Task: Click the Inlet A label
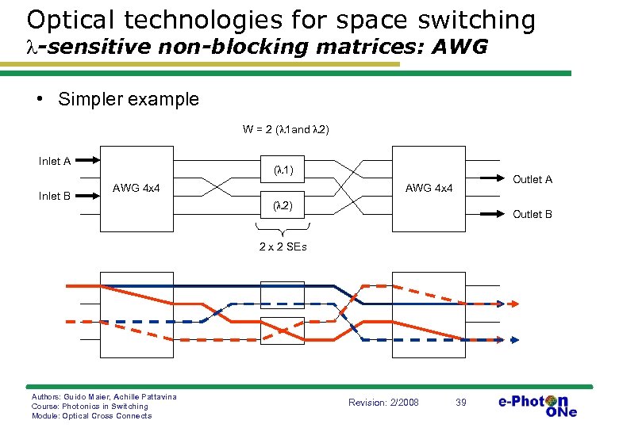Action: (x=55, y=162)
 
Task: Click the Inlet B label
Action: (x=55, y=197)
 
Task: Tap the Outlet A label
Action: (x=532, y=179)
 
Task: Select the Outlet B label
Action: (x=532, y=214)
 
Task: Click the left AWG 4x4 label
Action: (x=136, y=188)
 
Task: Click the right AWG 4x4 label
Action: (x=429, y=188)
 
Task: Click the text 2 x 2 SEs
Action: (x=283, y=246)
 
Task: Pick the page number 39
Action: (x=461, y=403)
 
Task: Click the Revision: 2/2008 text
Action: (x=383, y=403)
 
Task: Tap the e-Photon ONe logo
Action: (x=537, y=405)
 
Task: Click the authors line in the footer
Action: (x=104, y=396)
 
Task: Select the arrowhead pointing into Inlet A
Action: (x=94, y=158)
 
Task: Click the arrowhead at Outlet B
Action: (x=503, y=214)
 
